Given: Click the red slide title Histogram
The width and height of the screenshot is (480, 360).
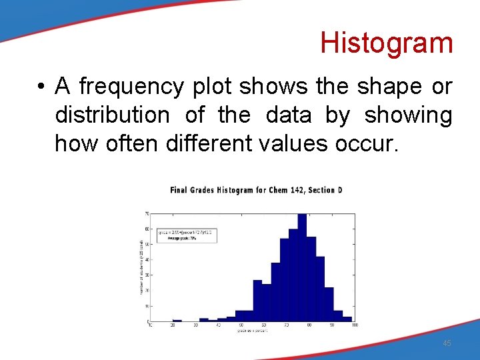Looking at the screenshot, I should coord(386,43).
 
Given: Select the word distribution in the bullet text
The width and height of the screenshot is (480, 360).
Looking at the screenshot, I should coord(112,115).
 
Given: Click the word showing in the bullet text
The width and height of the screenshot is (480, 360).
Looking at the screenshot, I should coord(408,115).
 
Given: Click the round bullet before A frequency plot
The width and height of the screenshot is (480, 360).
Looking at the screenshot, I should coord(41,87).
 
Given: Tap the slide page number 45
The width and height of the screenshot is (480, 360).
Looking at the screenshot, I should coord(447,343).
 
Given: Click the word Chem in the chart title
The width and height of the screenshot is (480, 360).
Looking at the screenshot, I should coord(278,191).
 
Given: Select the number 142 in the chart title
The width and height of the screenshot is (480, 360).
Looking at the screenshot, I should coord(298,191).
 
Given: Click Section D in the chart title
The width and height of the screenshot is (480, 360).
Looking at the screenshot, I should coord(326,191).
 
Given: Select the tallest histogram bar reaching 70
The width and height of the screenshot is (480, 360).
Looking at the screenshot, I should coord(301,267).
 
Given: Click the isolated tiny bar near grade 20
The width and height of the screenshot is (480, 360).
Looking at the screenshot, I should coord(177,321).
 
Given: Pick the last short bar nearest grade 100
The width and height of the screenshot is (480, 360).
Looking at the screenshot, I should coord(347,318).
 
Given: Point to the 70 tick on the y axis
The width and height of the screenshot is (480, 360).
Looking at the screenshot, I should coord(147,214).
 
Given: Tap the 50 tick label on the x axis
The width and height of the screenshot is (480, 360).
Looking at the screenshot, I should coord(241,325).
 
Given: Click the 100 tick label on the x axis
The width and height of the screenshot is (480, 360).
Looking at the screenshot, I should coord(354,325).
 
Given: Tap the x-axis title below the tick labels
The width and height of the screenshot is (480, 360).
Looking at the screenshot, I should coord(252,331).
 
